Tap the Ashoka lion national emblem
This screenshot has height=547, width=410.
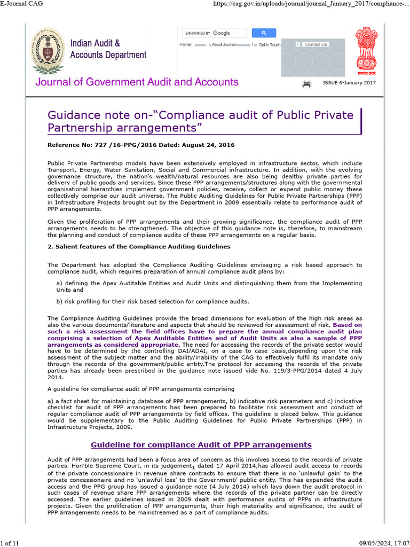[x=366, y=51]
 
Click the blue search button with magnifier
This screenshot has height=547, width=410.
[x=264, y=33]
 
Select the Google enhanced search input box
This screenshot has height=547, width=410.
[x=214, y=33]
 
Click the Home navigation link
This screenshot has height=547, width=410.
[x=185, y=45]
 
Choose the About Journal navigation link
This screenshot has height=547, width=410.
[x=224, y=45]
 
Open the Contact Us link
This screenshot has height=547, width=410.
[x=315, y=45]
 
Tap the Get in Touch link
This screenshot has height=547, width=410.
[x=270, y=45]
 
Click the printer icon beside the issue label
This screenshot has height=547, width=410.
[x=307, y=84]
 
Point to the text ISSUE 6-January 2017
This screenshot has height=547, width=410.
[x=349, y=83]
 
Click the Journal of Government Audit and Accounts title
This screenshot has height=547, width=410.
[x=137, y=82]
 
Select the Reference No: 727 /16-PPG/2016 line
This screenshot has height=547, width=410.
[x=141, y=145]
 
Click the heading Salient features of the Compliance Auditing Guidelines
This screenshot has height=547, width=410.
[x=139, y=246]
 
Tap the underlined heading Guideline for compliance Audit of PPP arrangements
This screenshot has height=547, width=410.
[x=201, y=444]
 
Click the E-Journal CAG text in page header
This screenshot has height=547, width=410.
[x=22, y=4]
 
